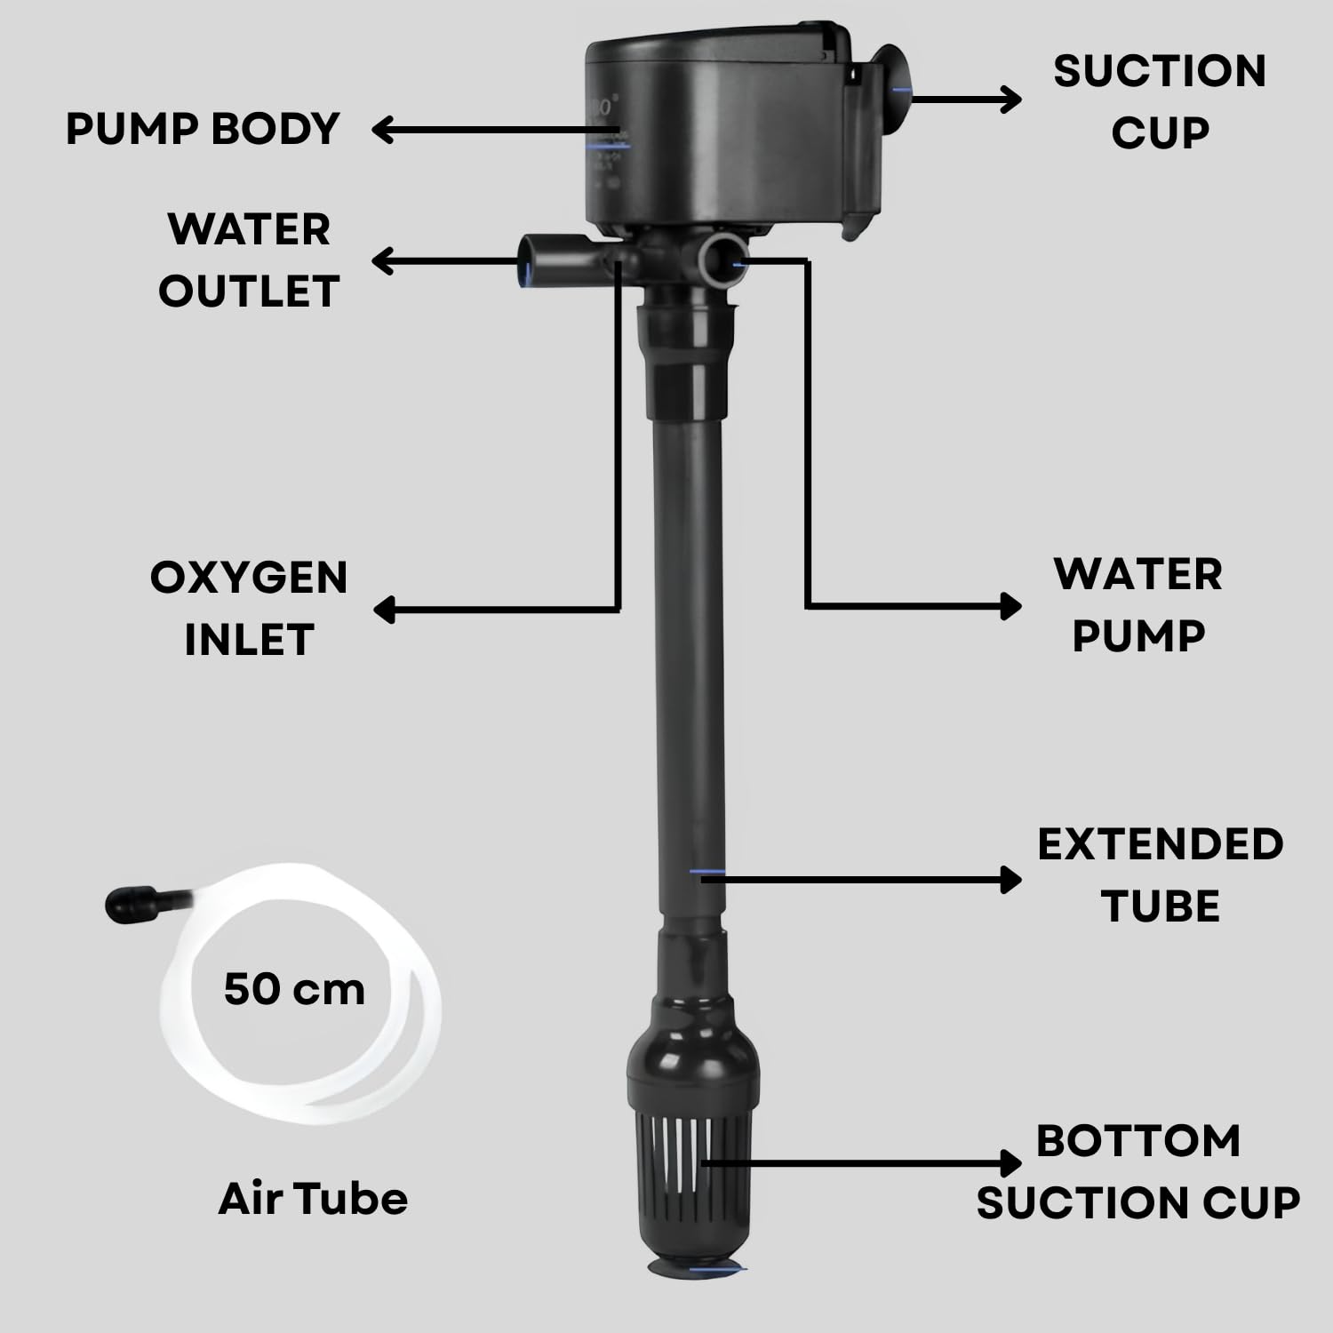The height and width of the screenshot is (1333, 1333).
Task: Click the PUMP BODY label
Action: (203, 129)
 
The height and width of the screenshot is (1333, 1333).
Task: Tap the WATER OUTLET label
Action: (249, 259)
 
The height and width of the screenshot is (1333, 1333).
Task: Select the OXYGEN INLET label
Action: (249, 609)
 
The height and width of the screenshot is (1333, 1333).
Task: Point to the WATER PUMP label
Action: (1138, 605)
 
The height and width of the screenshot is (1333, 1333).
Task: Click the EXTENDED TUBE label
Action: (1160, 875)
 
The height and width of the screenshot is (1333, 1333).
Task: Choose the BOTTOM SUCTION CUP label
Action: (1138, 1171)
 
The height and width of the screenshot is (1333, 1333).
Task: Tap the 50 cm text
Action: (294, 989)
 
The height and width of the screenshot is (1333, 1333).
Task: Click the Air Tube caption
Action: (313, 1198)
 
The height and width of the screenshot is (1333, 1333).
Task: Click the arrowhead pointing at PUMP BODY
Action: (383, 130)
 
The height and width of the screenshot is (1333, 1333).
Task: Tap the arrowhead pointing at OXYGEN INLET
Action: (385, 610)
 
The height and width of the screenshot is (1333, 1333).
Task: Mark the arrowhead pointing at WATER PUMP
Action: (1010, 606)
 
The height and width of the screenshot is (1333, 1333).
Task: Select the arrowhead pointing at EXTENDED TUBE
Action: (1010, 880)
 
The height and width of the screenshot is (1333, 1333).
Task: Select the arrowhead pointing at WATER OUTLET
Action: (383, 261)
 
